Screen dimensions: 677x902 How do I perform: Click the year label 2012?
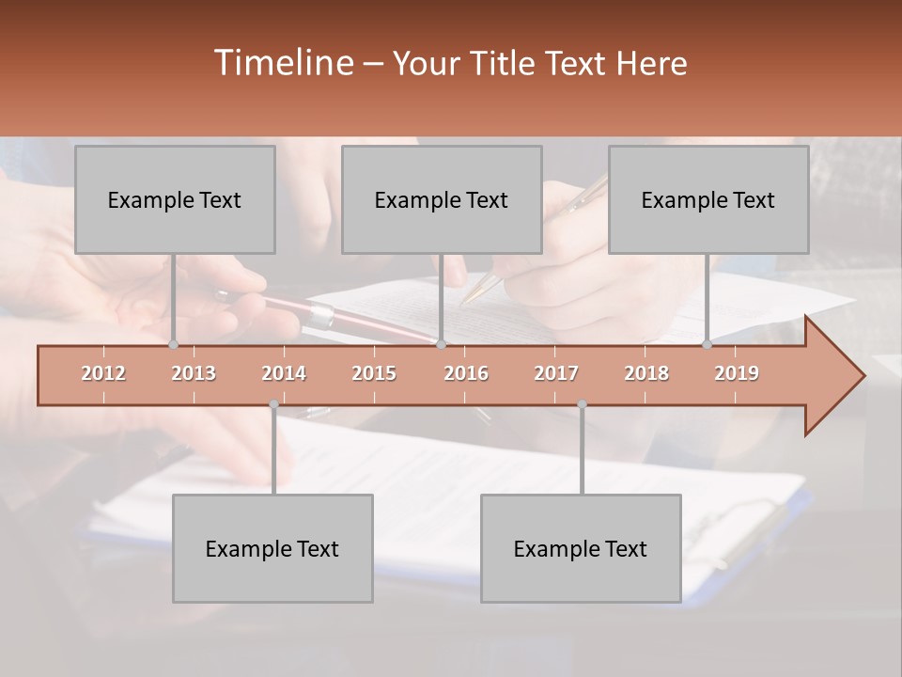[x=103, y=373]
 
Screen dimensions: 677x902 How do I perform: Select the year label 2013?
[x=194, y=373]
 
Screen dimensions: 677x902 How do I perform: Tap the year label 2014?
[x=284, y=373]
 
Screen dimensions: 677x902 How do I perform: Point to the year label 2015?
[x=374, y=373]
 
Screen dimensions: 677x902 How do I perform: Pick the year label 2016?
[x=466, y=373]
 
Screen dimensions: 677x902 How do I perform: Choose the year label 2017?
[x=556, y=373]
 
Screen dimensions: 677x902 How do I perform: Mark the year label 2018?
[x=646, y=373]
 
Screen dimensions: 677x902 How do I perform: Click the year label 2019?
[x=737, y=373]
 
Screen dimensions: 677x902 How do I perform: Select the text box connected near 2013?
[x=175, y=199]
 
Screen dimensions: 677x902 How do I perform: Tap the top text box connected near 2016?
[x=442, y=199]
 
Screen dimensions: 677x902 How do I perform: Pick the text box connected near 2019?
[x=708, y=199]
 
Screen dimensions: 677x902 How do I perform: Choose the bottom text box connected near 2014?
[x=272, y=548]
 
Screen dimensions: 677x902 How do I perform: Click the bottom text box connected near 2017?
[x=581, y=548]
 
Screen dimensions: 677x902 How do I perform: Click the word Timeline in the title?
[x=282, y=63]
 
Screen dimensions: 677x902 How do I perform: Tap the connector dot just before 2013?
[x=173, y=344]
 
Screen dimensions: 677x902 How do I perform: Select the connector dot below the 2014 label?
[x=273, y=404]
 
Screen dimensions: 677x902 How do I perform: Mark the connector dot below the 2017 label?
[x=582, y=404]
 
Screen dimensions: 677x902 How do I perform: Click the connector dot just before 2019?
[x=707, y=344]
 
